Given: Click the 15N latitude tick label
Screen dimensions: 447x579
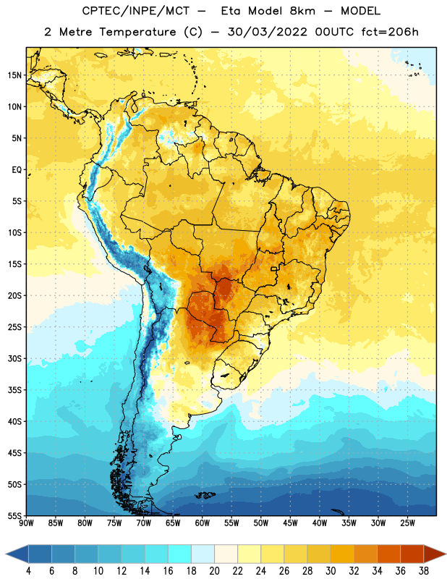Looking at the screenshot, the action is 14,75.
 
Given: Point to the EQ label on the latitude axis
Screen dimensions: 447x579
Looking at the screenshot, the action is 17,170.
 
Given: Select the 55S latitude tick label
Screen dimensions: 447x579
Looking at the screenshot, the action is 14,515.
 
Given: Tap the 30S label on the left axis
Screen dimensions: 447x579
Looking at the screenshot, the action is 14,358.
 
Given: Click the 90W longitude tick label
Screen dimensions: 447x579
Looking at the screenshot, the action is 26,523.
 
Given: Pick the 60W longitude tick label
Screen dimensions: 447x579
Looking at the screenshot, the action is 203,523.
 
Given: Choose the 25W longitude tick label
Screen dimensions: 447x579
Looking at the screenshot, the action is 407,523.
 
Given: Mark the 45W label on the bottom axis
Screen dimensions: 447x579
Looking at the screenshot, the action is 290,523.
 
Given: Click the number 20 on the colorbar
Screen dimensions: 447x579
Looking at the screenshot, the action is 214,571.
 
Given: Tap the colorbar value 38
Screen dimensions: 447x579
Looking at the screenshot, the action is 423,571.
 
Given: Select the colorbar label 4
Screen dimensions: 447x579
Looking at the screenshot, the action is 28,571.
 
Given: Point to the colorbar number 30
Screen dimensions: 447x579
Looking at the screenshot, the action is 331,571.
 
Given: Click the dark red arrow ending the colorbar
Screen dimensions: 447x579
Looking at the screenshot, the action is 433,554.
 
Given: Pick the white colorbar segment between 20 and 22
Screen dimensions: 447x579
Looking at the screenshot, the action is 226,554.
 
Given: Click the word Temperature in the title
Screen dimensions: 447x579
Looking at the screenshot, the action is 137,32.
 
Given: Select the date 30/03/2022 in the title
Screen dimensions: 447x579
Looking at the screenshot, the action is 267,32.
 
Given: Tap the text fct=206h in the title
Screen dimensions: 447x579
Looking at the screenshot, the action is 390,32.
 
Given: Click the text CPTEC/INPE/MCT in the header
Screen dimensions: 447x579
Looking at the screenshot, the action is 136,11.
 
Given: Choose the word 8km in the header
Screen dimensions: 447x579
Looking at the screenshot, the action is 302,11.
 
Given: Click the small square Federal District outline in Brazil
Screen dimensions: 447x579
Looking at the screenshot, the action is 274,269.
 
